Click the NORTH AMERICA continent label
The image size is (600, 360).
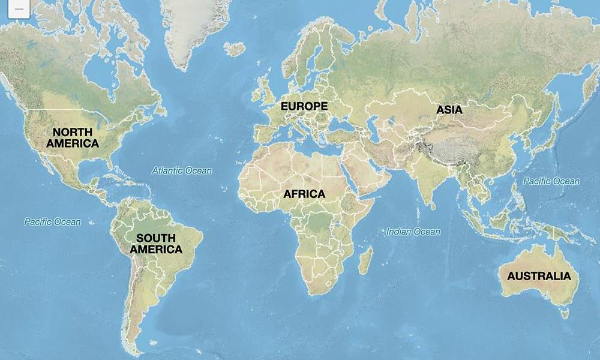pos(73,138)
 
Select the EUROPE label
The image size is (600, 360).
pos(304,106)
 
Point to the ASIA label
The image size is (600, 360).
pos(449,110)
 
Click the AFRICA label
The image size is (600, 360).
pos(304,194)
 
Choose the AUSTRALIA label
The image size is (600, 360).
pos(539,276)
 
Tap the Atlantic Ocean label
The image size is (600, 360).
pos(181,170)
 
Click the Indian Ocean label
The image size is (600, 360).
pos(413,232)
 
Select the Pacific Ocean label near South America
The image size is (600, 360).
pos(52,222)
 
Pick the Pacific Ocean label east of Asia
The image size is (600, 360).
pos(551,181)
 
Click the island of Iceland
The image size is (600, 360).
pos(235,49)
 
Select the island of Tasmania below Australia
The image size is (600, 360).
pos(563,313)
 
